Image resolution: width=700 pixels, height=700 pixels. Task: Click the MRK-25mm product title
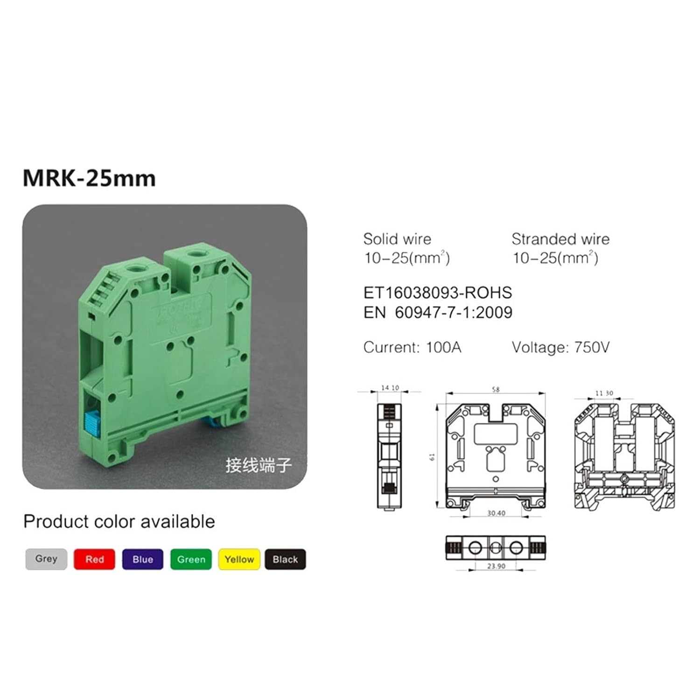click(x=89, y=178)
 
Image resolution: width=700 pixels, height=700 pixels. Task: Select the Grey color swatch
click(x=46, y=559)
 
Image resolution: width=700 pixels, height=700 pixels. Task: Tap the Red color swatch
click(x=94, y=559)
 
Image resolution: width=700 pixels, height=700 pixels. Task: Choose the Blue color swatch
click(x=142, y=559)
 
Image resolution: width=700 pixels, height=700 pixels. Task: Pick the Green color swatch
click(x=191, y=559)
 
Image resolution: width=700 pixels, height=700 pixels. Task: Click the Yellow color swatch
click(x=239, y=559)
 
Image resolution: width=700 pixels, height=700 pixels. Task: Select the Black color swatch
click(x=285, y=559)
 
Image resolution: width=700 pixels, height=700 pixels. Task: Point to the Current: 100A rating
click(x=412, y=347)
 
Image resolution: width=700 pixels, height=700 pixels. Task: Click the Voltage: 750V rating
click(x=560, y=347)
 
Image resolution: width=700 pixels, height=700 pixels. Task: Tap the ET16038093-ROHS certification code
click(x=437, y=293)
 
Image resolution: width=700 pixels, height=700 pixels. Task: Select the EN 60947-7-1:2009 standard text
click(x=437, y=312)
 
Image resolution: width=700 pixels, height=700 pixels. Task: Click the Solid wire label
click(x=397, y=239)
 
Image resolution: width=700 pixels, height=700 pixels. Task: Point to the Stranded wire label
click(x=560, y=239)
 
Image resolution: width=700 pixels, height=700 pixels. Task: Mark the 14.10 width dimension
click(x=390, y=388)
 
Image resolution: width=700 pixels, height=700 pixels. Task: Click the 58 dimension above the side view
click(x=496, y=389)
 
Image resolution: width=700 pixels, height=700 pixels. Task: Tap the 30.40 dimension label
click(x=496, y=513)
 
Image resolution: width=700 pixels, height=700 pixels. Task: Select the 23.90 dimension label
click(x=496, y=566)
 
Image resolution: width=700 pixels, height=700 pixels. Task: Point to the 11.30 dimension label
click(x=604, y=393)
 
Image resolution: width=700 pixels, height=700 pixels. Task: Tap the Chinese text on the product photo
click(x=259, y=465)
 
